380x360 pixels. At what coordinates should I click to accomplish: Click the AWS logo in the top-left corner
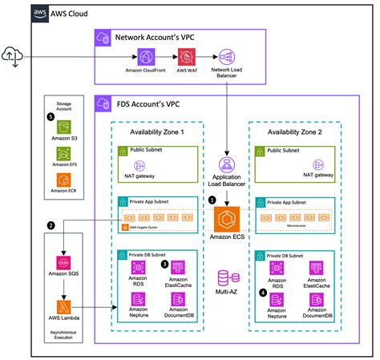[x=39, y=14]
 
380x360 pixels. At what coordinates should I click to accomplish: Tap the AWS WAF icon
[x=187, y=57]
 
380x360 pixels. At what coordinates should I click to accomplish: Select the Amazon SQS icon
[x=62, y=262]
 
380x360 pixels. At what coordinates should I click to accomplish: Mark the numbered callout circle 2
[x=51, y=225]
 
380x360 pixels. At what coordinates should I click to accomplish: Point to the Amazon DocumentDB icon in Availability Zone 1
[x=179, y=300]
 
